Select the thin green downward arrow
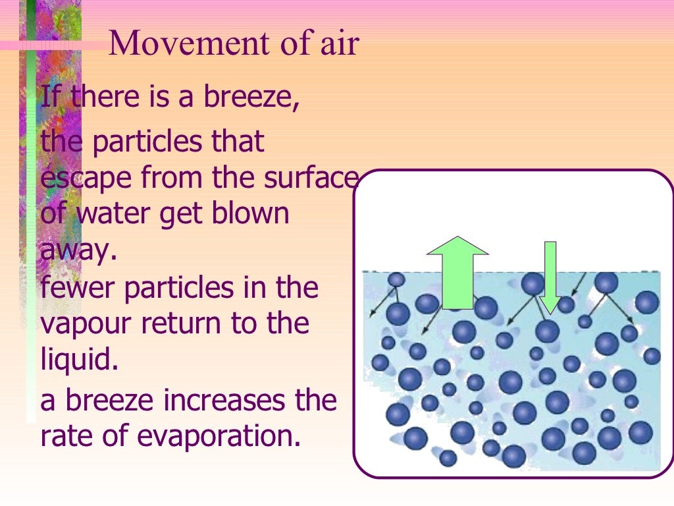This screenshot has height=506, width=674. coord(550,277)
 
